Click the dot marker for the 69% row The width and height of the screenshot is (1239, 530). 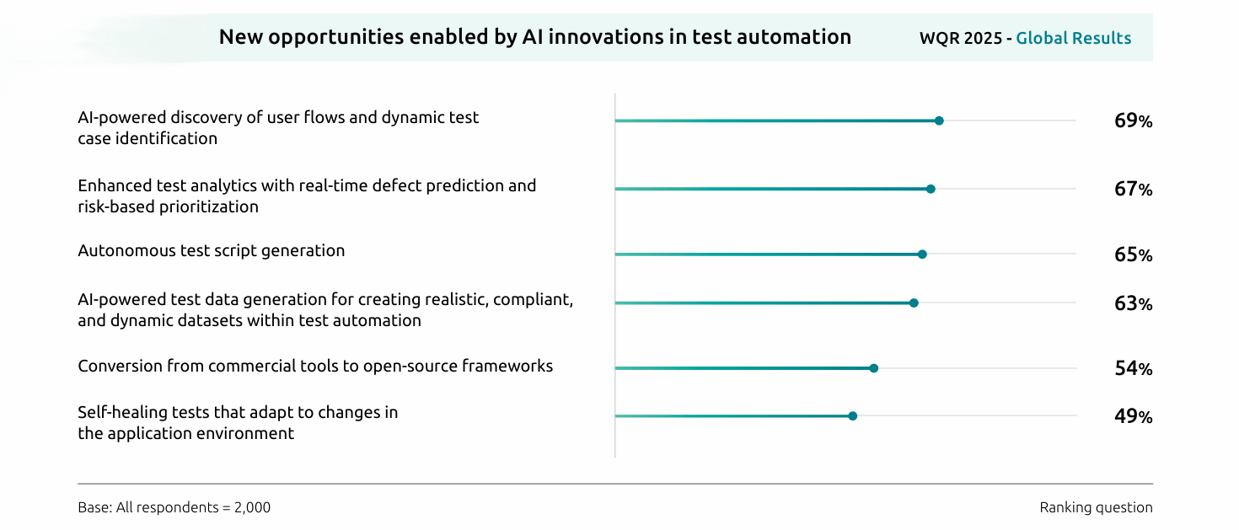click(x=939, y=120)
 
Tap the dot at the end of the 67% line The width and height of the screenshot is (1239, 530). click(x=931, y=190)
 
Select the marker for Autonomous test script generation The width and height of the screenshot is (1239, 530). click(x=922, y=254)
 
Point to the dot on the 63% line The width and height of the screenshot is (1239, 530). click(x=914, y=303)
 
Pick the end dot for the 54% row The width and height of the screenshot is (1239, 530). click(x=873, y=368)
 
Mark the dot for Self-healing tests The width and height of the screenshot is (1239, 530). click(x=852, y=416)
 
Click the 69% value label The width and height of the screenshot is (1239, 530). click(x=1133, y=120)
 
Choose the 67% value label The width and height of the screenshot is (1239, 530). click(x=1133, y=190)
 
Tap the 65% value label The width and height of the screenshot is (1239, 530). click(x=1133, y=254)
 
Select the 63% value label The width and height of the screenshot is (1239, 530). click(x=1133, y=303)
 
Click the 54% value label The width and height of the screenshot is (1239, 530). click(x=1133, y=368)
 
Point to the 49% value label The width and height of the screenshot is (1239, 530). click(x=1133, y=416)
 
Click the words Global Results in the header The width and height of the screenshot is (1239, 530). click(x=1073, y=38)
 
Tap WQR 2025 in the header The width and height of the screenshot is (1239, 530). click(x=961, y=38)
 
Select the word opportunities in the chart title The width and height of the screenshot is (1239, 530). click(x=335, y=38)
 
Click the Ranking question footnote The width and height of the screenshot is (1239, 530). click(x=1096, y=508)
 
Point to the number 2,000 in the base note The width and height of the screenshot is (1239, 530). click(x=252, y=508)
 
